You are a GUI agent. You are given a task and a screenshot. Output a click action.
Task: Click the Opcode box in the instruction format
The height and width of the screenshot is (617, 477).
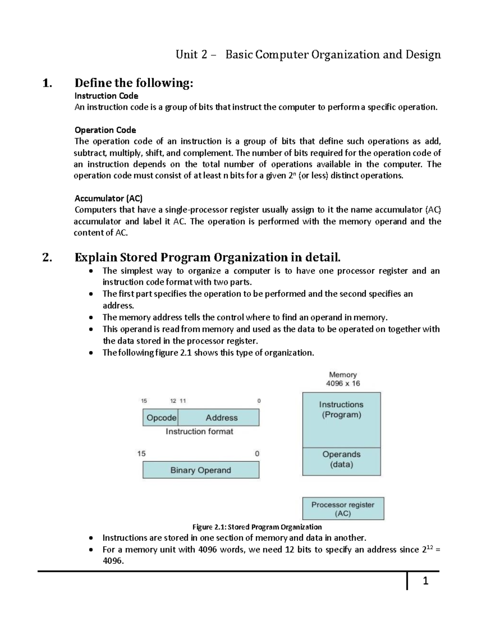[x=160, y=418]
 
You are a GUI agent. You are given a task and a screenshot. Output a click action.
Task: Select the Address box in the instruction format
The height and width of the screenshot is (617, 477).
[x=221, y=418]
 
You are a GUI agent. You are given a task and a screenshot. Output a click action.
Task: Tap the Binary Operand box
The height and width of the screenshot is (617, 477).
[x=201, y=470]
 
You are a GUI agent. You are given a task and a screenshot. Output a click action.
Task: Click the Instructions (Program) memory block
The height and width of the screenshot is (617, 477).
[x=341, y=420]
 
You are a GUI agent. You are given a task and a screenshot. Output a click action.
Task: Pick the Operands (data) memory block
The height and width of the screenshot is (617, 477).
[x=341, y=461]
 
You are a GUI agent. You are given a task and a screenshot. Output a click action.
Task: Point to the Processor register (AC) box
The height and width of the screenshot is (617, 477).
[x=343, y=509]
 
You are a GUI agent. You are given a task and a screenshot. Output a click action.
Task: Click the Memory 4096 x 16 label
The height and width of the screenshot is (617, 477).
[x=343, y=379]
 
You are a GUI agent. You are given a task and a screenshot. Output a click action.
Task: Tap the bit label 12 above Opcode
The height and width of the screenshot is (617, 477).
[x=173, y=401]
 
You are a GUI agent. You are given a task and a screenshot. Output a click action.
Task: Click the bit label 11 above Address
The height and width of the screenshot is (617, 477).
[x=183, y=401]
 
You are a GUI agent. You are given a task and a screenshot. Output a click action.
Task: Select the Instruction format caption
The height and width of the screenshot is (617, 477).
[x=200, y=431]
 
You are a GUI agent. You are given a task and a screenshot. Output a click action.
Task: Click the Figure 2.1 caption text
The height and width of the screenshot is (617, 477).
[x=257, y=527]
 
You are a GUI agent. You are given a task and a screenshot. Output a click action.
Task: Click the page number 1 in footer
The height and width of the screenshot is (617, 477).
[x=426, y=581]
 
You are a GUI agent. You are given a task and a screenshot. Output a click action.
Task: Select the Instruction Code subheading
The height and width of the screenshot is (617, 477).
[x=106, y=96]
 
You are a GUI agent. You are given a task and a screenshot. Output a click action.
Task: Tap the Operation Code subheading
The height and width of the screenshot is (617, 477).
[x=105, y=130]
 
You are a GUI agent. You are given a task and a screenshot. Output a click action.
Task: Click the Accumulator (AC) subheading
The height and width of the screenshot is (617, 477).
[x=109, y=198]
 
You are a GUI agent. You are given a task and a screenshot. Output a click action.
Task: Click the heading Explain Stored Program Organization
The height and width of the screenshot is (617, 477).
[x=207, y=257]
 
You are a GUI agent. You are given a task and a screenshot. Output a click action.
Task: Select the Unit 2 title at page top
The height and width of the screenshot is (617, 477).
[x=308, y=54]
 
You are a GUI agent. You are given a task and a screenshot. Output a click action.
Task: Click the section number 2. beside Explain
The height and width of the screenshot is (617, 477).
[x=47, y=258]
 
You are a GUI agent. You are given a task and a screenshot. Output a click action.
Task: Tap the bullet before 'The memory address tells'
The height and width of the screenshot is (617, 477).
[x=92, y=318]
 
